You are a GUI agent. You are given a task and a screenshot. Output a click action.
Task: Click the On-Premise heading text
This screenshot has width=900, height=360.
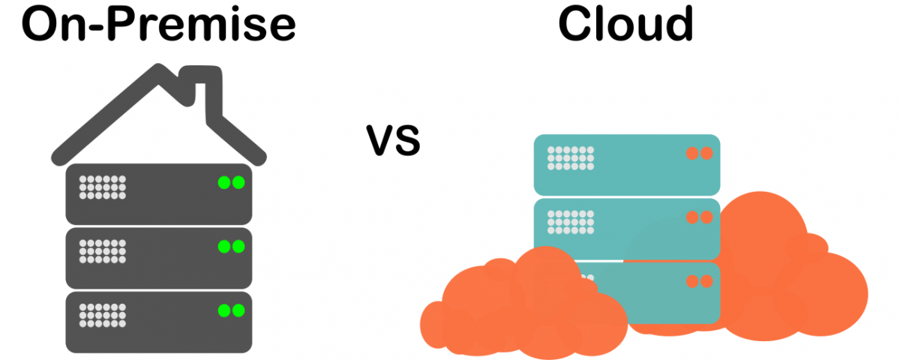(x=159, y=24)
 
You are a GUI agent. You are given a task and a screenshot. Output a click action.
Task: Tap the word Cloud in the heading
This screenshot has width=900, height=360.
(x=626, y=23)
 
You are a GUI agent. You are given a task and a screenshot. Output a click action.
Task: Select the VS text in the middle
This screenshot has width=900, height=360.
(x=393, y=140)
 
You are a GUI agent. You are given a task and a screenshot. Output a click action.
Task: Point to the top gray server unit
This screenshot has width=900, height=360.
(x=159, y=194)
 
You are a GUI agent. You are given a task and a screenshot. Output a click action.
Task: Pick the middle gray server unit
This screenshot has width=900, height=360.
(x=159, y=258)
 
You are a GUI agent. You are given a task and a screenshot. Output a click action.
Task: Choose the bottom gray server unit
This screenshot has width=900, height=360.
(x=159, y=322)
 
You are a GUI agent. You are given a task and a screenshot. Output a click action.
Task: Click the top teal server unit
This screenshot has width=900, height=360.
(x=627, y=165)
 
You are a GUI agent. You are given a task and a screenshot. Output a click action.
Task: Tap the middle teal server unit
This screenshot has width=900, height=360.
(x=627, y=229)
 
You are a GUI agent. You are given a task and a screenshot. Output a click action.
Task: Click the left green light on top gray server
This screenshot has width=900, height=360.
(x=224, y=182)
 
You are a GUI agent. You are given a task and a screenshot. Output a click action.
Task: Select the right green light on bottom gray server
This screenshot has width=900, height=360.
(x=238, y=310)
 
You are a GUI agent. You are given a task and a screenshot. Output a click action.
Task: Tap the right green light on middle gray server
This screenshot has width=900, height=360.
(x=238, y=246)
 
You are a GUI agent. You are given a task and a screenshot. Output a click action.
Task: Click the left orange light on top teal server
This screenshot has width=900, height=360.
(x=692, y=153)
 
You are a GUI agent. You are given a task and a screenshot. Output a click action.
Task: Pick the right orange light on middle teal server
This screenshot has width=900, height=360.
(x=706, y=217)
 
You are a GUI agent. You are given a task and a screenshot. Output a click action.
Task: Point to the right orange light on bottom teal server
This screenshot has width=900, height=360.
(x=706, y=281)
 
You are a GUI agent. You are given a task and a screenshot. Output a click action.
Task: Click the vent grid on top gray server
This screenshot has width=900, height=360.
(x=103, y=187)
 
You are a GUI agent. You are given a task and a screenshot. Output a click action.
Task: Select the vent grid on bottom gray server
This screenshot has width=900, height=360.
(x=103, y=316)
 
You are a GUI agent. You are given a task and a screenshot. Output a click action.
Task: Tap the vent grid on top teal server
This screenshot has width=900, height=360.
(x=571, y=158)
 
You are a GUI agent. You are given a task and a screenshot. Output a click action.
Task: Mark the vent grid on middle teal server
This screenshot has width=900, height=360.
(x=571, y=222)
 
